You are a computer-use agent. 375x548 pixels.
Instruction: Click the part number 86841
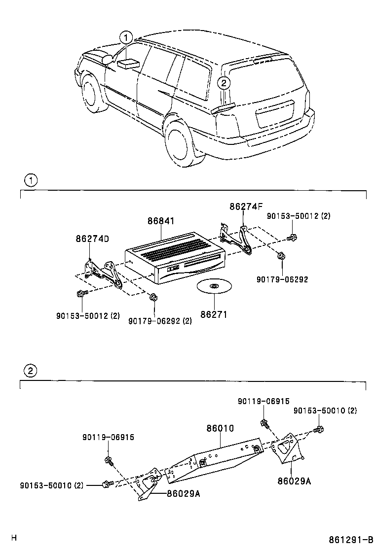(160, 222)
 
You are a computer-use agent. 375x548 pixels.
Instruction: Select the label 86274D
(92, 239)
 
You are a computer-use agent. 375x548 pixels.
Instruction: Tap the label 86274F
(246, 207)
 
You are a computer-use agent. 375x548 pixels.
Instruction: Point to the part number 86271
(214, 314)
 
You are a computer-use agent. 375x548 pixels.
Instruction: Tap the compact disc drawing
(214, 287)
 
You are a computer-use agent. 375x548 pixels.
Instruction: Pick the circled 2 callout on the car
(224, 83)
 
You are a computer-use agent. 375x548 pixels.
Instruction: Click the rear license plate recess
(274, 114)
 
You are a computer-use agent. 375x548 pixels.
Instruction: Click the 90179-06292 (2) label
(160, 321)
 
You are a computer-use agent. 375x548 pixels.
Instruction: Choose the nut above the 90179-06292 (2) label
(153, 297)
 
